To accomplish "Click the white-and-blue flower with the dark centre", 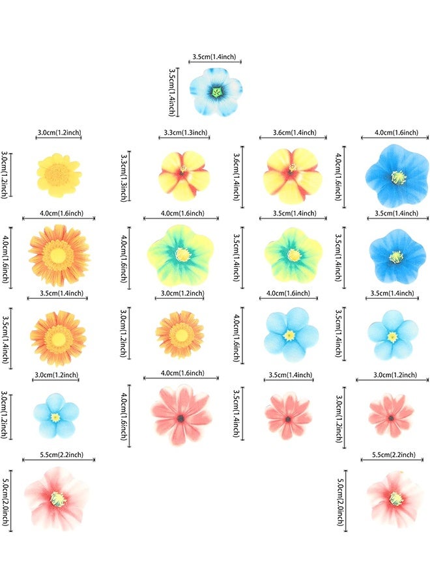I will click(216, 92).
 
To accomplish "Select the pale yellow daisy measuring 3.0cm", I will click(59, 175).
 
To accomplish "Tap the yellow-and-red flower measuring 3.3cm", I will click(184, 174).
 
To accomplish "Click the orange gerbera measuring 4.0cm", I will click(59, 255).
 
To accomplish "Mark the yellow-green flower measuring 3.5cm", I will click(293, 253).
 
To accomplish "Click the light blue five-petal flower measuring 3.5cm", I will click(392, 335).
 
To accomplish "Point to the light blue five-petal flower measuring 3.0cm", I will click(56, 415).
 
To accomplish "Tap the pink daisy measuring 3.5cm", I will click(288, 416).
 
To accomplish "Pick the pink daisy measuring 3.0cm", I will click(391, 415).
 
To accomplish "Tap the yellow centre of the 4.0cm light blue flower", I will click(290, 335).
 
